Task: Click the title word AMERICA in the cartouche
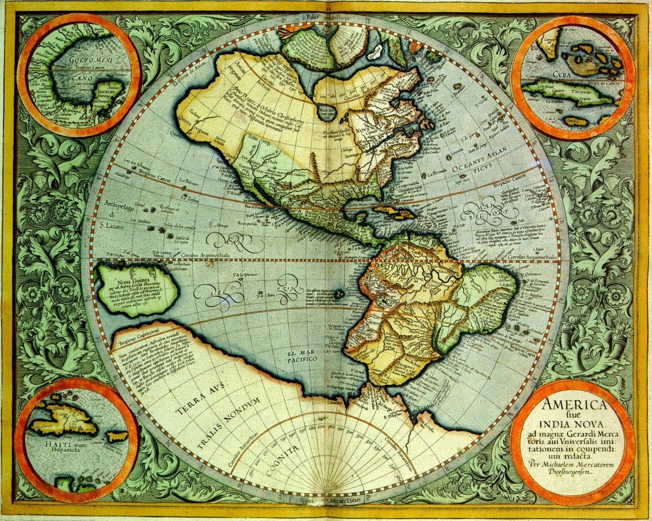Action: click(x=574, y=405)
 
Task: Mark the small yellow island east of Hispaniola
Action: click(x=118, y=436)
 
